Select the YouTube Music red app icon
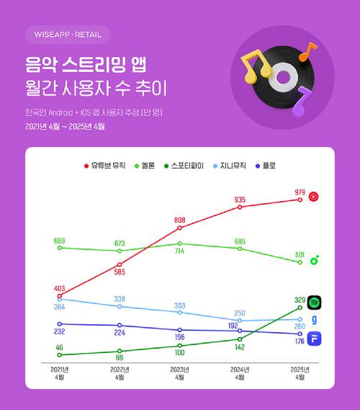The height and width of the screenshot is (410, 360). click(x=314, y=196)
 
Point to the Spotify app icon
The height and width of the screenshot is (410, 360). click(x=314, y=303)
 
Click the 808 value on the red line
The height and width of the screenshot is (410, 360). click(x=180, y=220)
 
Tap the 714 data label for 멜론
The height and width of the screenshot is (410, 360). click(x=180, y=253)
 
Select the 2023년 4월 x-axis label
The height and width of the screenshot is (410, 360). click(x=180, y=373)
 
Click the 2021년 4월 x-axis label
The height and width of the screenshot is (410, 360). click(x=60, y=373)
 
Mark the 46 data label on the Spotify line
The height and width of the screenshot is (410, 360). click(x=60, y=347)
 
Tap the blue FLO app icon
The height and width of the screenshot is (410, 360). click(x=314, y=340)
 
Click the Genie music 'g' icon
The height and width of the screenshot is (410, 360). click(x=314, y=321)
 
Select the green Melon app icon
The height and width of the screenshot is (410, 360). click(x=314, y=261)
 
